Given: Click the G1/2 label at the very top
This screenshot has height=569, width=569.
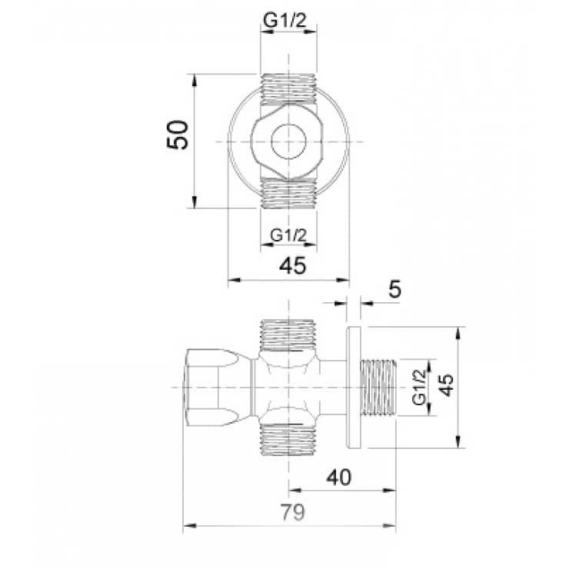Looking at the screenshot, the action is click(x=284, y=21).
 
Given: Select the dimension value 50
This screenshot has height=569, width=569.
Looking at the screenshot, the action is click(x=178, y=135).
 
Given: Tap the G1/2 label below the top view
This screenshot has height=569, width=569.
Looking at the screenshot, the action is click(x=288, y=235).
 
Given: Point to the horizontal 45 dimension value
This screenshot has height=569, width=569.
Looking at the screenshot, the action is click(x=292, y=265).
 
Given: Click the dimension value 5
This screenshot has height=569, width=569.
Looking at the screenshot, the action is click(x=394, y=290).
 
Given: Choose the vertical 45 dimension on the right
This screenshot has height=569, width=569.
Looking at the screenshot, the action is click(x=447, y=385).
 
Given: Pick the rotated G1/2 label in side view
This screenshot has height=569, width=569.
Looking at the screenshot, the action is click(x=419, y=388).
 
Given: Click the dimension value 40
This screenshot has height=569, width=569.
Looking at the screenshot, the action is click(x=339, y=477).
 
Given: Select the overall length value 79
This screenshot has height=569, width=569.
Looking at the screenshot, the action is click(x=293, y=512).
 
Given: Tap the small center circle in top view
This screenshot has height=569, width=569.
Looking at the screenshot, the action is click(x=288, y=141).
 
